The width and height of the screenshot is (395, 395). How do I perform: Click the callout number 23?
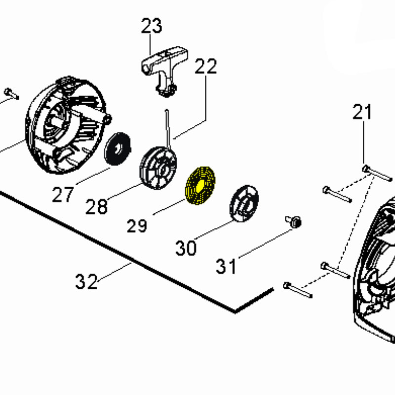152,26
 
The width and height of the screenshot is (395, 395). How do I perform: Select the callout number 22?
205,66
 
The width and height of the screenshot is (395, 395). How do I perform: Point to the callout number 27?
63,195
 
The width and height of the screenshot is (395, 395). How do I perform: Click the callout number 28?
96,206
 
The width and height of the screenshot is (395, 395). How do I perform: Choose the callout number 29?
137,226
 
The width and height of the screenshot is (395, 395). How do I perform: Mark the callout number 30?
186,248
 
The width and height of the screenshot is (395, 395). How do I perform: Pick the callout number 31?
226,266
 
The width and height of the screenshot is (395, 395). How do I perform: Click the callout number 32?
86,281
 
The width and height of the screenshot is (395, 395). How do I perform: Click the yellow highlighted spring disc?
200,186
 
